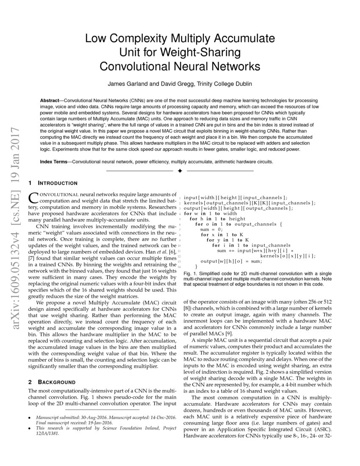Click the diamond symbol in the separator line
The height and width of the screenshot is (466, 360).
point(180,171)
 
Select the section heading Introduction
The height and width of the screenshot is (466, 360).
point(58,183)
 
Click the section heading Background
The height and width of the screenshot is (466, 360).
point(57,382)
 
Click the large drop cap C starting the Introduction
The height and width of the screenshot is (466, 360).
point(33,197)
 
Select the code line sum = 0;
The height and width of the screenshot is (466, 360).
point(208,229)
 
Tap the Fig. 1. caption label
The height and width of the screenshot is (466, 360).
point(191,274)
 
